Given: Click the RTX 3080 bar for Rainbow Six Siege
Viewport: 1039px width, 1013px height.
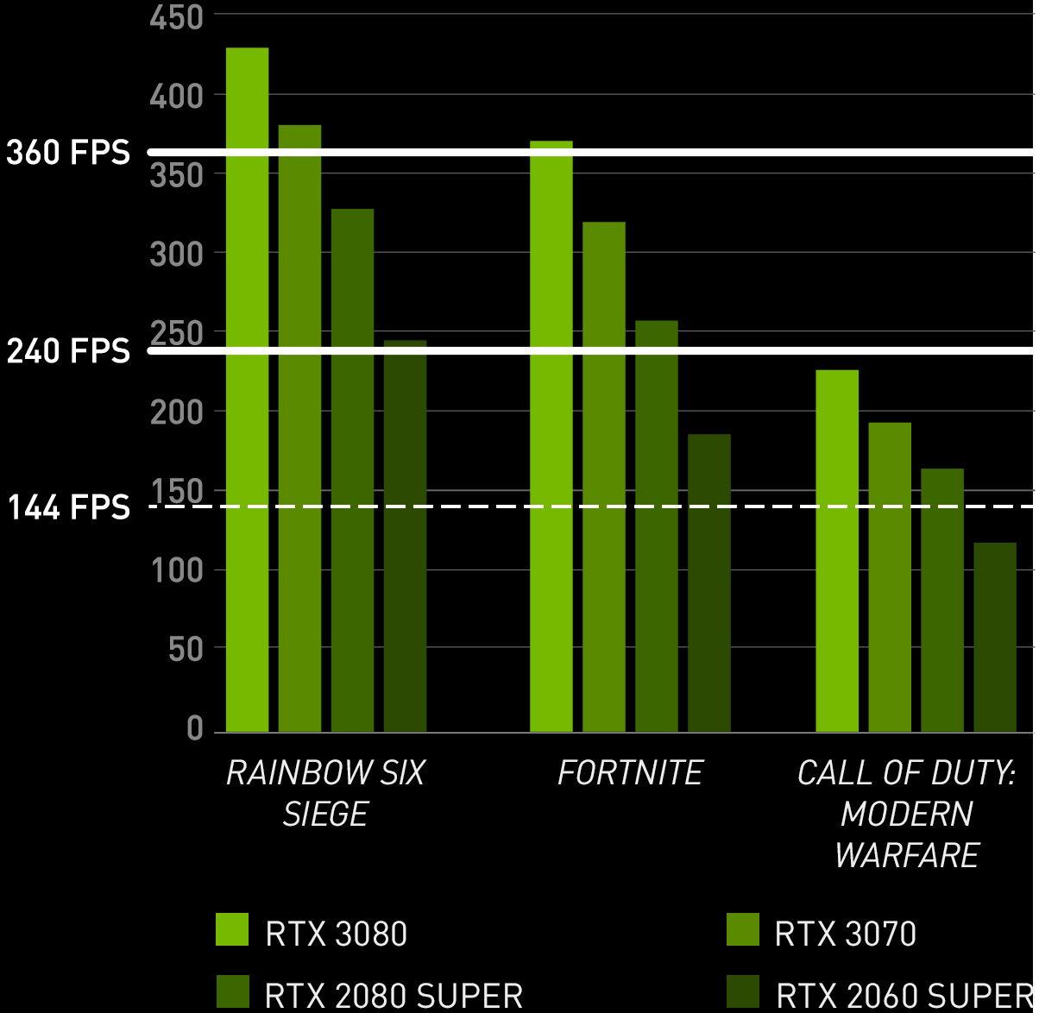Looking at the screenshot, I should click(x=247, y=388).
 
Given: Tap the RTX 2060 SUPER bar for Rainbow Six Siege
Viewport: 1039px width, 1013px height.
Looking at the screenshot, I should click(x=405, y=535).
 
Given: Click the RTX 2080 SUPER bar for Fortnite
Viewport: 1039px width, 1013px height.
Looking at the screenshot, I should click(x=656, y=525).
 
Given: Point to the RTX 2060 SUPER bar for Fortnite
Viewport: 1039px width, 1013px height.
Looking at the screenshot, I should click(x=708, y=582).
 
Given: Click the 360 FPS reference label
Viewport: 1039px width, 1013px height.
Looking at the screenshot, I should click(x=68, y=154).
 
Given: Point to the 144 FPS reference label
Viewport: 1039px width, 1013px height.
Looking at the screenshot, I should click(x=68, y=508).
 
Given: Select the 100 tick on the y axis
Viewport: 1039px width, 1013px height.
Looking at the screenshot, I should click(x=176, y=569).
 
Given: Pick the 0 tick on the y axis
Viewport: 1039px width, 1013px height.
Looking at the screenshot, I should click(x=194, y=729).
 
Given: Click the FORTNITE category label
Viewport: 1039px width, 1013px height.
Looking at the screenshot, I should click(x=630, y=773).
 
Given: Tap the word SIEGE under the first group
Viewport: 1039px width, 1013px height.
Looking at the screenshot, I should click(x=325, y=815).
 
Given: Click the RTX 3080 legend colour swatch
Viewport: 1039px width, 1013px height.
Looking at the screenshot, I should click(x=231, y=928).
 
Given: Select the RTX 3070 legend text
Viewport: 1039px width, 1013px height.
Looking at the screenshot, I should click(x=846, y=934).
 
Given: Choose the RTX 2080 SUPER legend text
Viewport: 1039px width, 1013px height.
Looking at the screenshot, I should click(x=394, y=995).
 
